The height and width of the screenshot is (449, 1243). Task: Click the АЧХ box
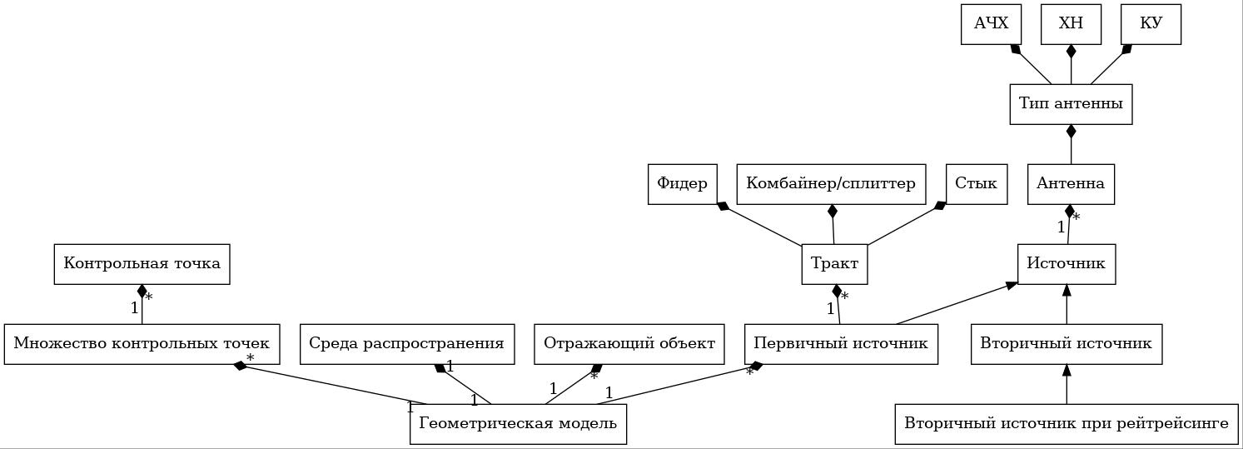coord(991,24)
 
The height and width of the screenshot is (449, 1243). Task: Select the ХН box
coord(1071,24)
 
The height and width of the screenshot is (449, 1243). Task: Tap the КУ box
coord(1151,24)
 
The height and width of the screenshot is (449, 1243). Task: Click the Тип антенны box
coord(1071,104)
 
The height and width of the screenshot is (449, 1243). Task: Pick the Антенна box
coord(1071,184)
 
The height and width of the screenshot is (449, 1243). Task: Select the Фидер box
coord(683,184)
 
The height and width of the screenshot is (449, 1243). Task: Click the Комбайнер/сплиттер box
coord(831,184)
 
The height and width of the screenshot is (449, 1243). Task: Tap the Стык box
coord(977,184)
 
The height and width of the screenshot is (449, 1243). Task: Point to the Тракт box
coord(834,263)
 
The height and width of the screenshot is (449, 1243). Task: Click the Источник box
coord(1066,263)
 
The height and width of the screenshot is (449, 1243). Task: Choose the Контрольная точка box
coord(142,263)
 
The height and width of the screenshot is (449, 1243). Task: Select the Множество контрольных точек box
coord(142,343)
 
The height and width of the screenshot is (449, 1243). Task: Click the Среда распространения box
coord(407,343)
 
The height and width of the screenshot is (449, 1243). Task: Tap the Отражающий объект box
coord(629,343)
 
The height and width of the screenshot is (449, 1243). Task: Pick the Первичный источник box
coord(841,343)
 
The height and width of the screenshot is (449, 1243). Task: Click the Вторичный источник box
coord(1066,343)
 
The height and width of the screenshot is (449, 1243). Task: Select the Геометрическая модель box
coord(519,423)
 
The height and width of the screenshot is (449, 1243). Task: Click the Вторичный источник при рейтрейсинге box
coord(1066,423)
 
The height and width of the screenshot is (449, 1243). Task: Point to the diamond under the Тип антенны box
coord(1071,132)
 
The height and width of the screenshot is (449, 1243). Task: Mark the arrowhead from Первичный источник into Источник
coord(1011,286)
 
